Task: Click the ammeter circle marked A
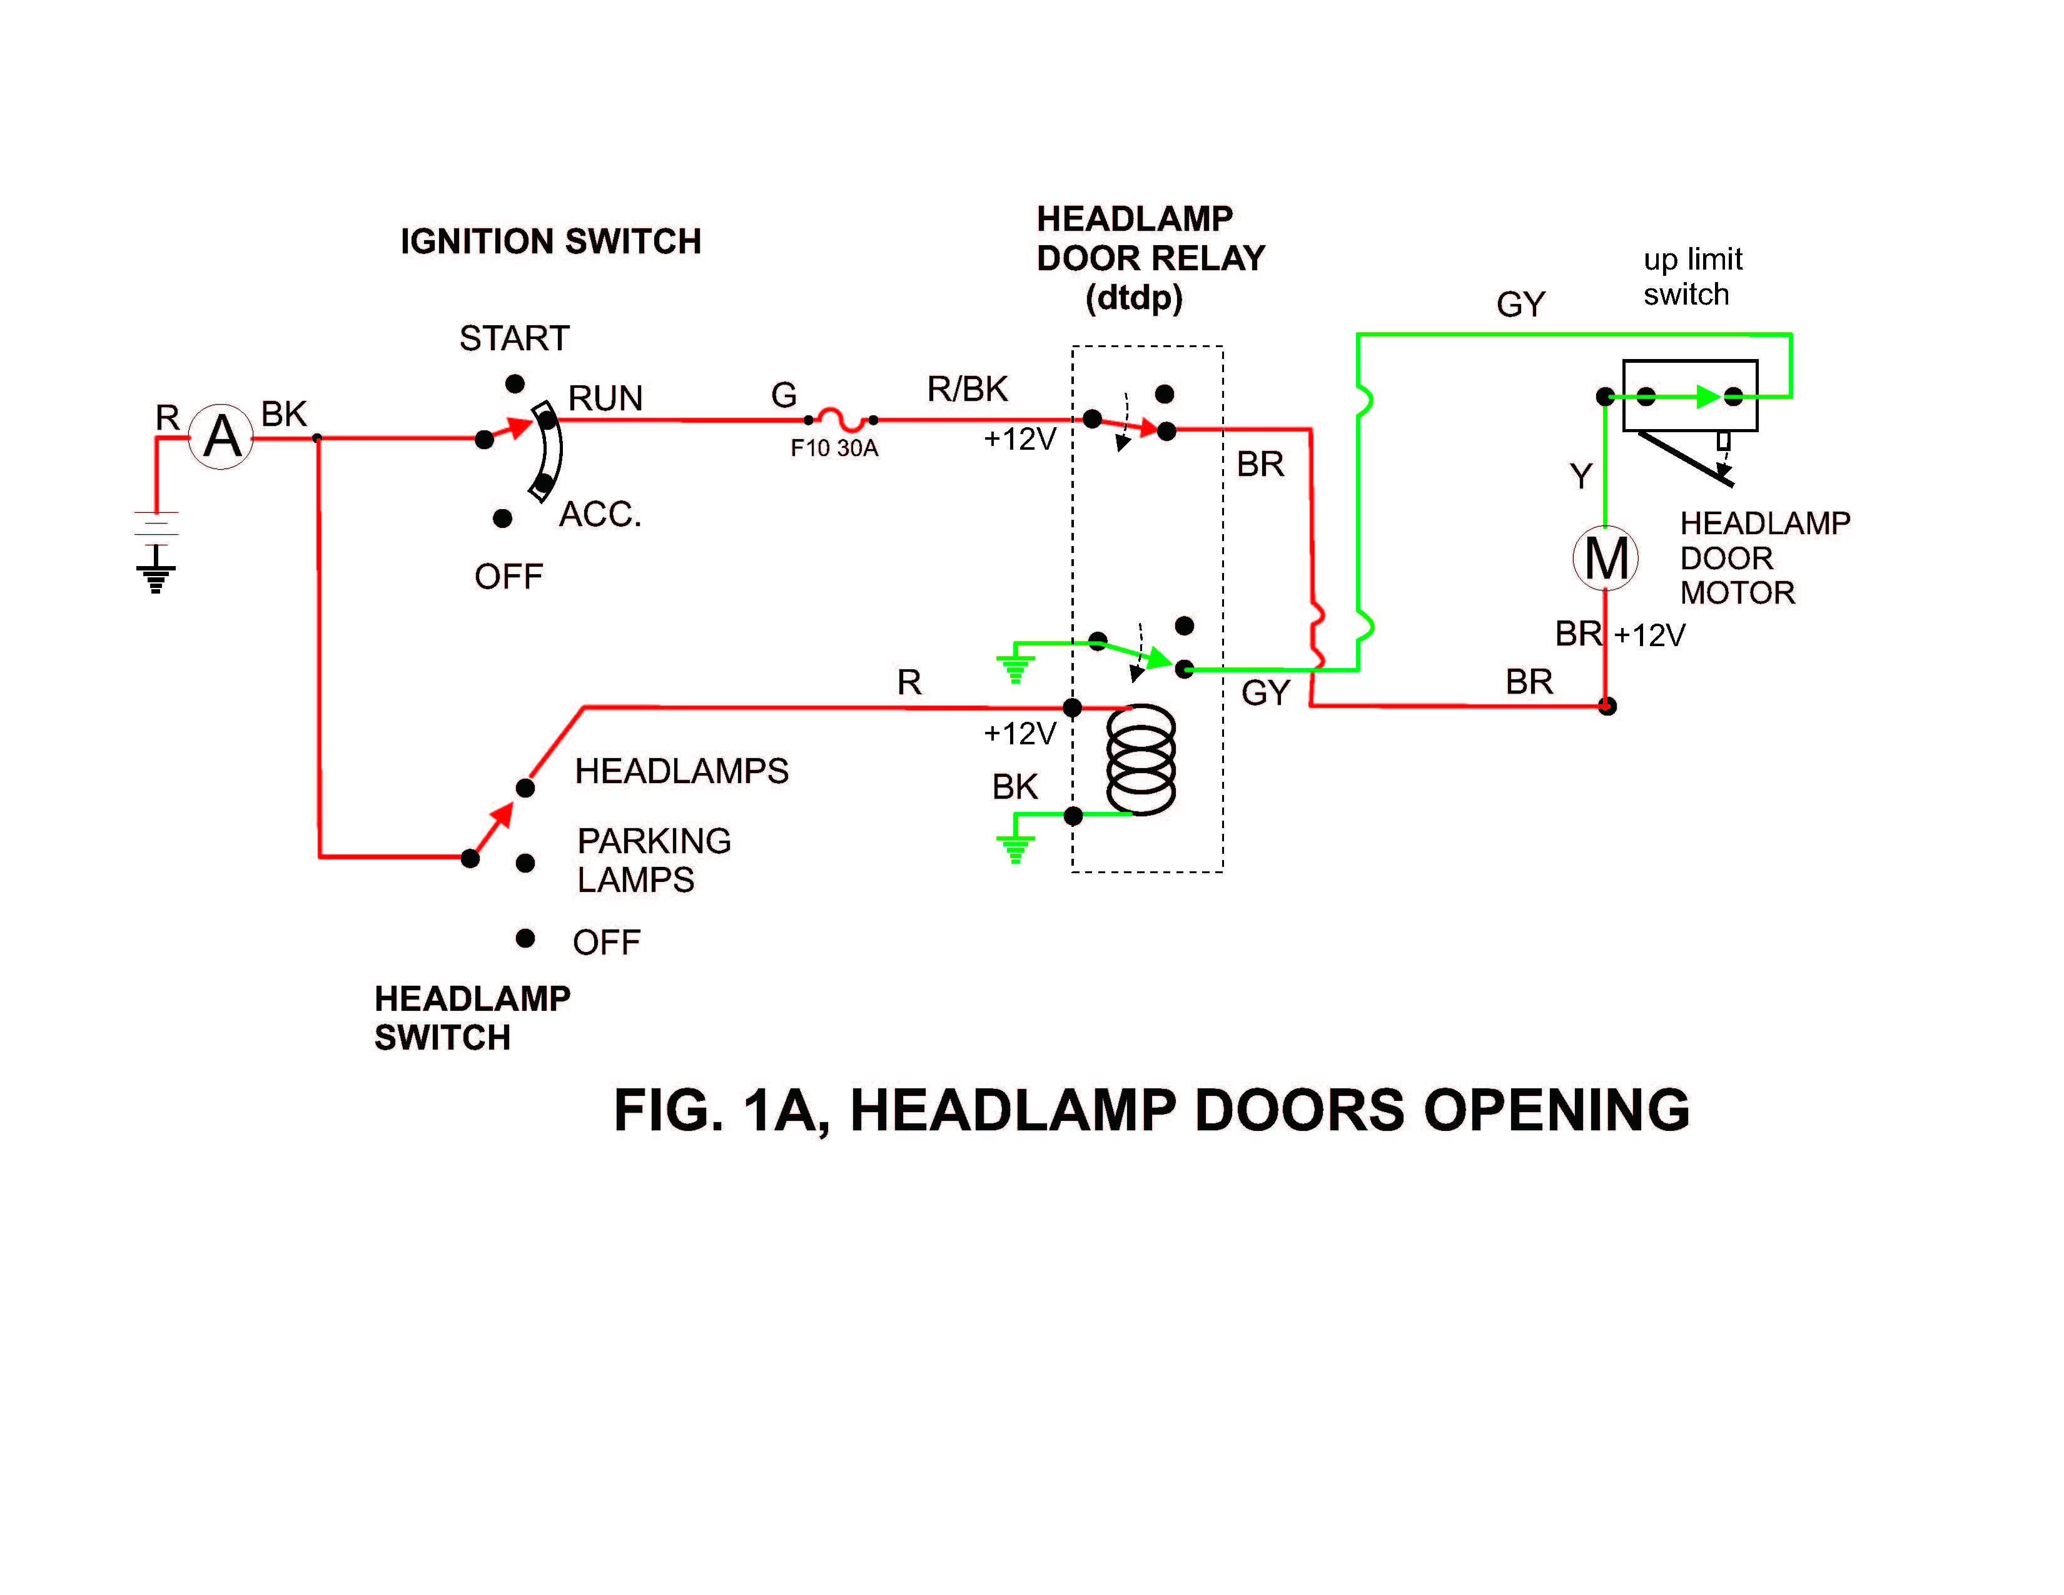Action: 221,437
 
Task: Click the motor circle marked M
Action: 1606,557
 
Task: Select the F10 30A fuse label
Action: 834,448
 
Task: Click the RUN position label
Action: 605,398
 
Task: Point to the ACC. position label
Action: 600,514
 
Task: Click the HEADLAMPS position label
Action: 681,771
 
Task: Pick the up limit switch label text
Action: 1692,276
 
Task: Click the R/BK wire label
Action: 967,388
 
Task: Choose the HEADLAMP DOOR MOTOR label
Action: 1764,557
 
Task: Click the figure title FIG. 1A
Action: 1151,1110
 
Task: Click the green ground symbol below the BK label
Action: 1016,849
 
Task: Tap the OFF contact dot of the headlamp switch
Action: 525,938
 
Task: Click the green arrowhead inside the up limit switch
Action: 1707,397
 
